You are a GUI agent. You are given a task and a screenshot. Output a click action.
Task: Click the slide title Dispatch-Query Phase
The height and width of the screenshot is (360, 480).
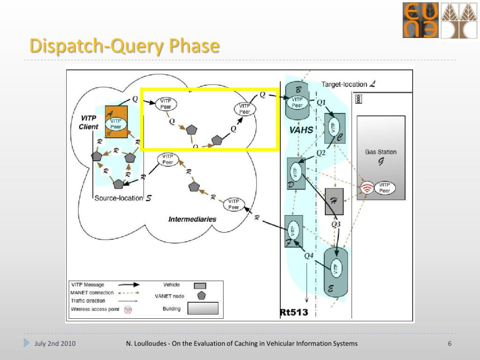point(124,46)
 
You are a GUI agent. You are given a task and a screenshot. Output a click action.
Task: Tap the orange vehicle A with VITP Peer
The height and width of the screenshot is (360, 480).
point(116,121)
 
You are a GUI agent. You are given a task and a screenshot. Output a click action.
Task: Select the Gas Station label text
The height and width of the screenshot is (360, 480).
point(381,152)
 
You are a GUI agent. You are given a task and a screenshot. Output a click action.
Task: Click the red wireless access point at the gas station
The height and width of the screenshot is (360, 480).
point(367,188)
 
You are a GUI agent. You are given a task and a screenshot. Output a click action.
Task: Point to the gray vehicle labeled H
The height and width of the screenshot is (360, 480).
point(334,202)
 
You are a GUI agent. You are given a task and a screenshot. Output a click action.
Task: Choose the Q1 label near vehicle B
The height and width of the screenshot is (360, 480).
point(321,102)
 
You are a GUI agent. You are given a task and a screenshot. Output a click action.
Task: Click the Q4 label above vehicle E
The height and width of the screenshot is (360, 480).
point(308,255)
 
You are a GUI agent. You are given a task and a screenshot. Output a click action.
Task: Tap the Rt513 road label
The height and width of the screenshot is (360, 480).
point(294,312)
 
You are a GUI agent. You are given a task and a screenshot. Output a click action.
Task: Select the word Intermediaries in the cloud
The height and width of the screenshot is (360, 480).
point(192,219)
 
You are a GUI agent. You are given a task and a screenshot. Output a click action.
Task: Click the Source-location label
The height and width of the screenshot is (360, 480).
point(119,198)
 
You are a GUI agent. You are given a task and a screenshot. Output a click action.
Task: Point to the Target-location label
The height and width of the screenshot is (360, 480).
point(345,84)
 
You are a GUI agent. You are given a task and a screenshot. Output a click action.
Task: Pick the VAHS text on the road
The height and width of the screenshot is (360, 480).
point(301,130)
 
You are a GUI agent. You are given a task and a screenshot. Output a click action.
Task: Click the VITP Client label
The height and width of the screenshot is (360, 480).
point(88,123)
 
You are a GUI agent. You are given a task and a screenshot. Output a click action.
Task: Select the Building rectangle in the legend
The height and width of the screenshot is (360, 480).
point(203,308)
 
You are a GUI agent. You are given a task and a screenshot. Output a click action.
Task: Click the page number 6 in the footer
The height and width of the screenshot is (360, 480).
point(450,344)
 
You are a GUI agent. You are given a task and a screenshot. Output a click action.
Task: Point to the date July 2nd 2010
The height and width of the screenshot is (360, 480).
point(55,344)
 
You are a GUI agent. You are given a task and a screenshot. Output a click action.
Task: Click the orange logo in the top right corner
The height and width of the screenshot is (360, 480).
point(420,20)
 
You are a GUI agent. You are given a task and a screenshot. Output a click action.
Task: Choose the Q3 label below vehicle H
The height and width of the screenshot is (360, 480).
point(336,224)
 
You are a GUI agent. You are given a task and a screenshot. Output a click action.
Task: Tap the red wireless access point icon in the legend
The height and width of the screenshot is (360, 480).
point(127,309)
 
